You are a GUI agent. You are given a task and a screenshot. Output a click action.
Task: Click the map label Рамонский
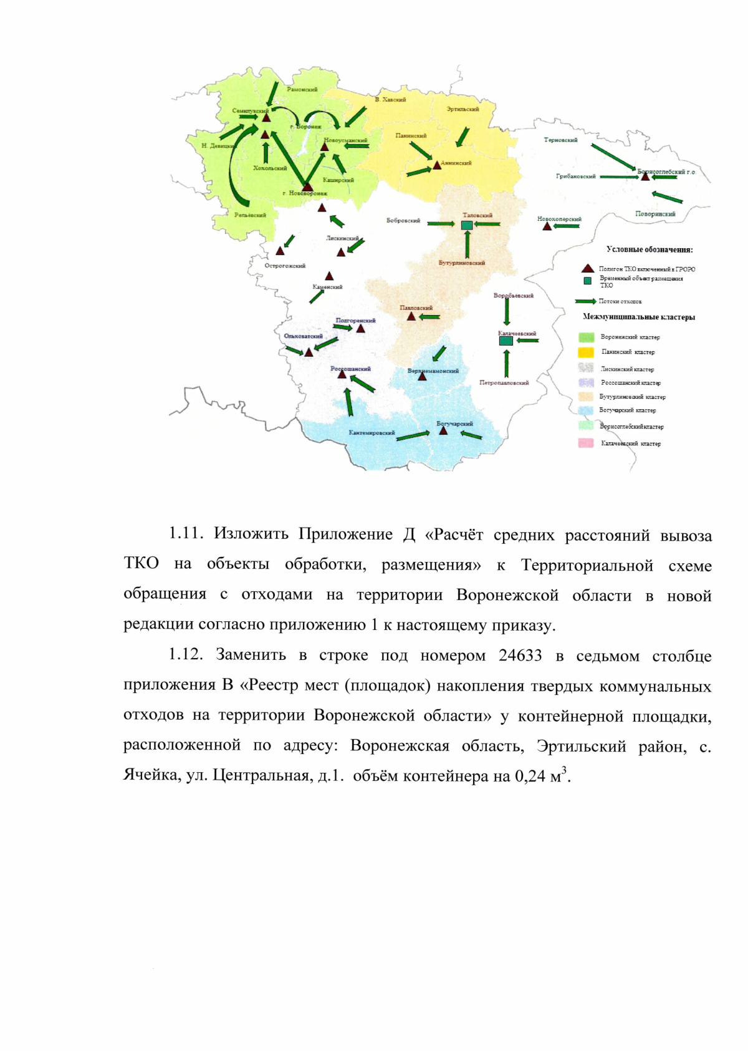click(302, 90)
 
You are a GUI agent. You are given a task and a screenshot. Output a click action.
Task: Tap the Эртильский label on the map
click(463, 109)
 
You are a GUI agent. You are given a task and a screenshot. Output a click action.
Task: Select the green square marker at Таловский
click(467, 225)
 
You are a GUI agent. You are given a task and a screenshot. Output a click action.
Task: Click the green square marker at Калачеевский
click(506, 341)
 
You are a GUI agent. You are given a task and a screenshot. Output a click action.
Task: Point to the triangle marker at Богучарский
click(443, 430)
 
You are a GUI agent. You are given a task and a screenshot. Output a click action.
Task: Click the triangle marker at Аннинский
click(437, 165)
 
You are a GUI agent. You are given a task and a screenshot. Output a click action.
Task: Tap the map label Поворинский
click(655, 214)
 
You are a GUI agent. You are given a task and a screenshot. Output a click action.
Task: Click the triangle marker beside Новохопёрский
click(547, 226)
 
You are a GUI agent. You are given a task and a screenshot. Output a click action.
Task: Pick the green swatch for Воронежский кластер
click(587, 337)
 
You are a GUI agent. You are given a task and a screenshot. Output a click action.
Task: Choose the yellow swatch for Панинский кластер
click(587, 352)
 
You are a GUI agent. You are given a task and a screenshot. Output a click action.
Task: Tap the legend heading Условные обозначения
click(650, 249)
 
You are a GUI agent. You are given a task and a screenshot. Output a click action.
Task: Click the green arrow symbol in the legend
click(585, 301)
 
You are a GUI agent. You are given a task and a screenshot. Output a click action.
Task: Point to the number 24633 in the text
click(520, 656)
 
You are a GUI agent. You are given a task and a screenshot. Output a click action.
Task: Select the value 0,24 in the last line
click(530, 777)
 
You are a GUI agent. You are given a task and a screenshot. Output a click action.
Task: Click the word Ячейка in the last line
click(149, 775)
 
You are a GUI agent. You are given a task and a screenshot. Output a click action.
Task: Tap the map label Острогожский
click(285, 266)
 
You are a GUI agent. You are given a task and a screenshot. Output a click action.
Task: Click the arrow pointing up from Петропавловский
click(507, 363)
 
